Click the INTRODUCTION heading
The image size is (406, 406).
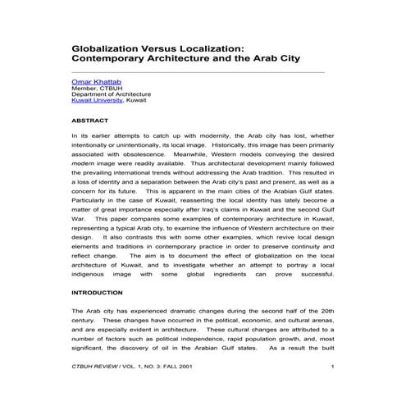(99, 292)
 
